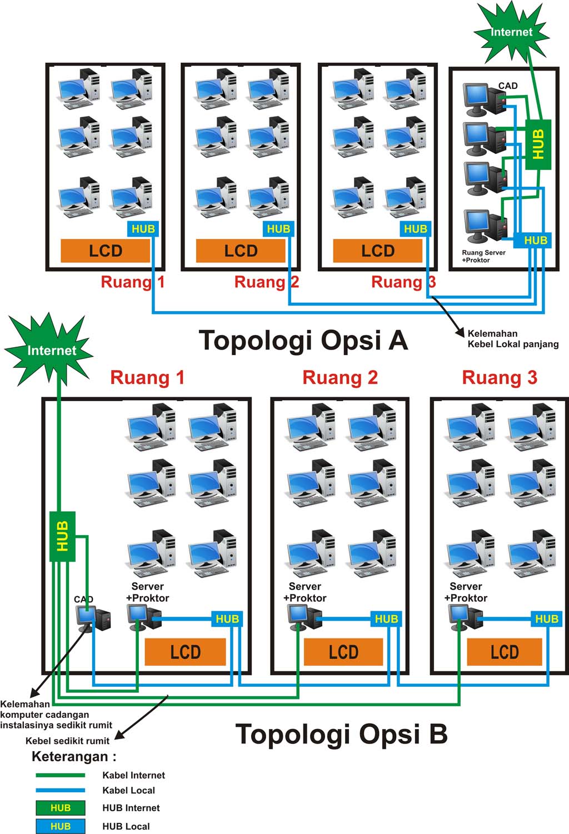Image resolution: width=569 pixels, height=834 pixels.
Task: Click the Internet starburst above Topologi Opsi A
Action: click(511, 32)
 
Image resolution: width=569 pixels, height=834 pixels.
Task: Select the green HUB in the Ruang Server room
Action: click(538, 144)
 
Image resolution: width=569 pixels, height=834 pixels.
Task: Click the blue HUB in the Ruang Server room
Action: click(535, 240)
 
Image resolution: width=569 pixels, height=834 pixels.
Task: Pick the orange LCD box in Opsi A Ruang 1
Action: click(105, 251)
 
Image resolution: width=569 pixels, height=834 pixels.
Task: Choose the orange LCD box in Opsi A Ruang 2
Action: click(241, 251)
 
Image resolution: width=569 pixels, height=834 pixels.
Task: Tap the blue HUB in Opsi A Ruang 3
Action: click(415, 228)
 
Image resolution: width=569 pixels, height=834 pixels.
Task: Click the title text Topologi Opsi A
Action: click(303, 340)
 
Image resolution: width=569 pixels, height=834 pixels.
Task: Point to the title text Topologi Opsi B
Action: click(341, 733)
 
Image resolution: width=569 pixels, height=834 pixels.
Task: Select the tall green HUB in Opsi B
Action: click(62, 536)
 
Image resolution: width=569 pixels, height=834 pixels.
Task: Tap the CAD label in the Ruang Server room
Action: click(507, 86)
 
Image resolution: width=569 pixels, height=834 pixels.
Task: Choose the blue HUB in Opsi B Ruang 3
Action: click(546, 618)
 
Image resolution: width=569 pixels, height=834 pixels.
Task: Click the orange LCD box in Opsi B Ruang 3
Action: click(504, 652)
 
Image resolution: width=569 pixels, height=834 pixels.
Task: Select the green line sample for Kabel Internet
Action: click(60, 775)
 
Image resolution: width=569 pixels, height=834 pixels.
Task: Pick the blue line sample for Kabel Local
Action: click(60, 790)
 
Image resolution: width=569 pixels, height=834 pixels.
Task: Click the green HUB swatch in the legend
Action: click(60, 808)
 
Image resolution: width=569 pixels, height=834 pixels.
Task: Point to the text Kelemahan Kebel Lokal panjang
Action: click(512, 339)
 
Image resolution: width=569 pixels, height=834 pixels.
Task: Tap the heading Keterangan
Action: click(73, 756)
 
